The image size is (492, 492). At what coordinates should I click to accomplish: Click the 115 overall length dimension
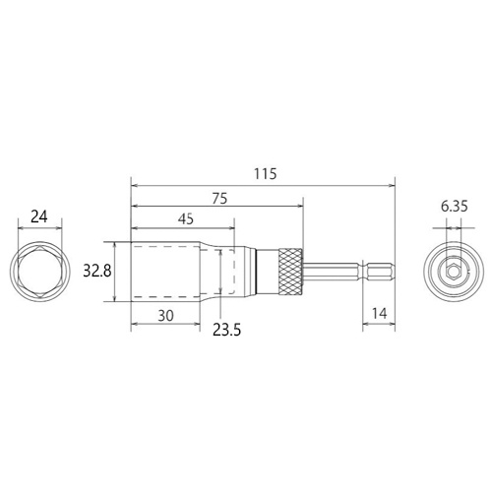(266, 174)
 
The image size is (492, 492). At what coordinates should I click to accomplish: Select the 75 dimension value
(219, 199)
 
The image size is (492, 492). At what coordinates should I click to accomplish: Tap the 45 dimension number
(186, 218)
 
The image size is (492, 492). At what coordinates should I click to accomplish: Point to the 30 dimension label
(165, 316)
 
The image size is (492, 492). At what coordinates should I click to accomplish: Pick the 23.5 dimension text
(226, 330)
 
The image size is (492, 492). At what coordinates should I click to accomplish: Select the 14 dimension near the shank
(380, 314)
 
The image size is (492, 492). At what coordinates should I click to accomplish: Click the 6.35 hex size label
(454, 207)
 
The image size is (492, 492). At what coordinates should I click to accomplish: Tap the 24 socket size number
(39, 216)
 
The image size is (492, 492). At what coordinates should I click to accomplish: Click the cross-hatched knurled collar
(290, 272)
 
